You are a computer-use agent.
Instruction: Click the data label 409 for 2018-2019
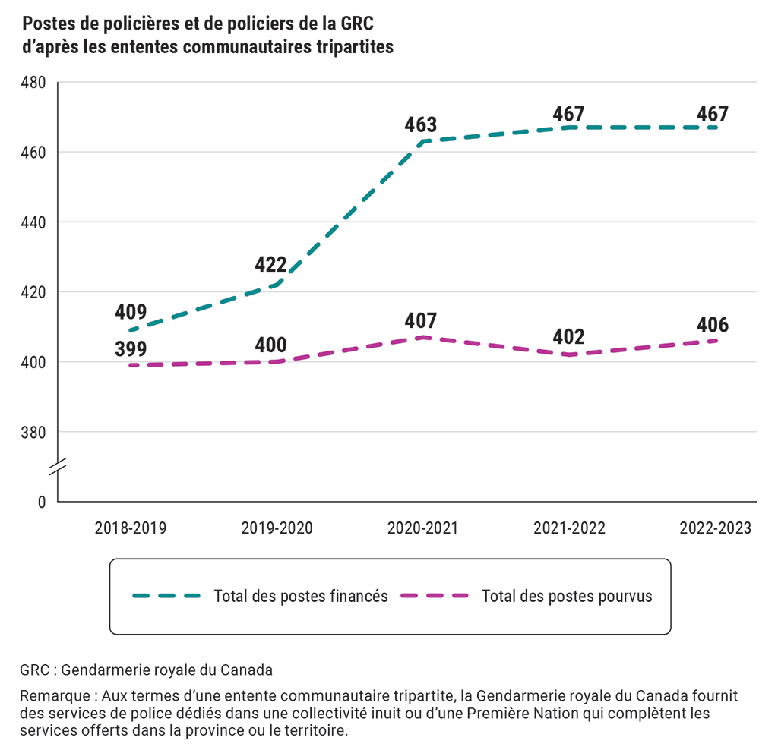[x=131, y=312]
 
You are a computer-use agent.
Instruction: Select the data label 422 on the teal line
[x=270, y=265]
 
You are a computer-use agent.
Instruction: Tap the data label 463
[x=421, y=125]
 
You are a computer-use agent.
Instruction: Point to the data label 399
[x=131, y=349]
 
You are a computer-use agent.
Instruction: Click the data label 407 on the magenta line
[x=421, y=320]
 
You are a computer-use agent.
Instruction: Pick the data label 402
[x=568, y=337]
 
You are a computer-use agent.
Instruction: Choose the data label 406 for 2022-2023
[x=713, y=325]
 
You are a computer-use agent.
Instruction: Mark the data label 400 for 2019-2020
[x=270, y=345]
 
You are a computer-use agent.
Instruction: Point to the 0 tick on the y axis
[x=42, y=503]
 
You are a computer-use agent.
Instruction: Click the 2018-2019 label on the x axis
[x=131, y=528]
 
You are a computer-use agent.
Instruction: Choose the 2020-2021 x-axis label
[x=422, y=528]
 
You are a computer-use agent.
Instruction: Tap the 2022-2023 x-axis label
[x=714, y=528]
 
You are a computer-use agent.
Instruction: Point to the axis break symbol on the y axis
[x=58, y=467]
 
